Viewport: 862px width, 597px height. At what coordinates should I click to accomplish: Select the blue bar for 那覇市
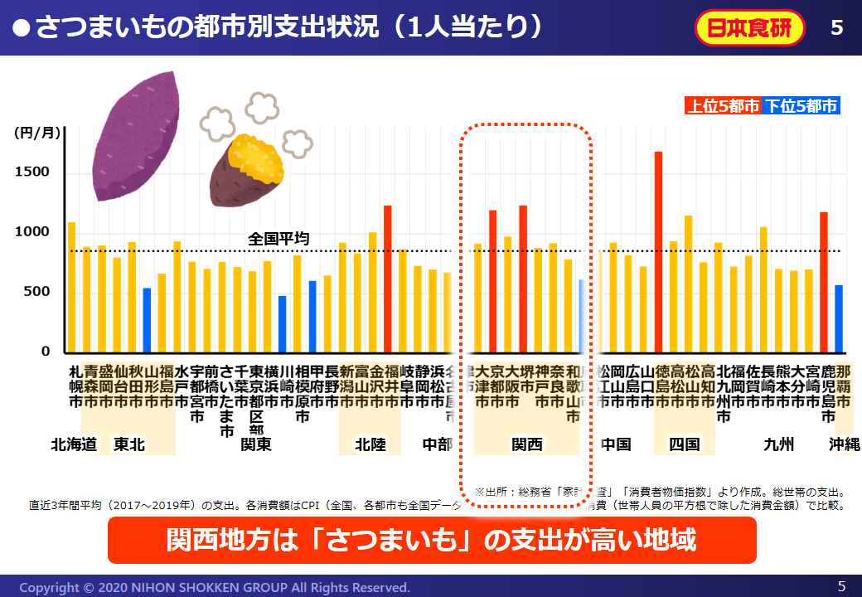tap(839, 319)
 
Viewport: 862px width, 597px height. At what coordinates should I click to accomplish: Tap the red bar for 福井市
tap(387, 279)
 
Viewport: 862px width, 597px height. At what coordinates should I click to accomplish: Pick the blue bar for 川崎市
tap(282, 324)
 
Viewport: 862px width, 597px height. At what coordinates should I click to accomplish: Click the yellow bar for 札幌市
tap(71, 287)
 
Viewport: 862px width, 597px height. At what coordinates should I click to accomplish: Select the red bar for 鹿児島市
tap(824, 282)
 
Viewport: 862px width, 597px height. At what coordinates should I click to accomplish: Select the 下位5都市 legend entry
tap(801, 105)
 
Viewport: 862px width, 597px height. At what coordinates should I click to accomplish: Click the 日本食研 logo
tap(750, 27)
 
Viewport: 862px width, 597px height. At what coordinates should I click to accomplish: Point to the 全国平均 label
tap(278, 239)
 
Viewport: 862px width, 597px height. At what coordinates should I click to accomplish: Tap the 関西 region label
tap(526, 444)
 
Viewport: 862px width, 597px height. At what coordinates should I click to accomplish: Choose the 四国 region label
tap(684, 444)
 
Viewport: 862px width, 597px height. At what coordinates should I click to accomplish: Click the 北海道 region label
tap(74, 444)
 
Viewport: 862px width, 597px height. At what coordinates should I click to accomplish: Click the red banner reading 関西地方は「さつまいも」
tap(432, 541)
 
